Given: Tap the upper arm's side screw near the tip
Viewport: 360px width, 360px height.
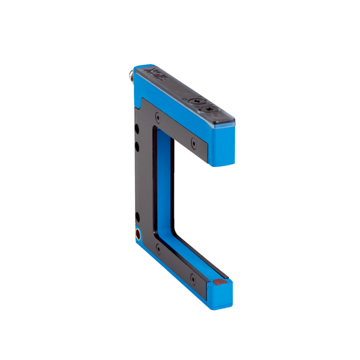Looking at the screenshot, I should pos(195,143).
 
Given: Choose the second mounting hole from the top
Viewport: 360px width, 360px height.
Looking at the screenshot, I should pos(138,144).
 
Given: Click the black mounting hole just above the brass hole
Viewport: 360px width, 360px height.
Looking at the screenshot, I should pos(138,217).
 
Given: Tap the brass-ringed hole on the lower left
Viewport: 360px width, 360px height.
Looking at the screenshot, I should pos(138,236).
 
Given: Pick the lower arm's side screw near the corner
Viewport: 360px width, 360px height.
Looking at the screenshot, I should pos(159,247).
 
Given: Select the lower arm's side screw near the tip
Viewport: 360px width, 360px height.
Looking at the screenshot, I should pos(195,277).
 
